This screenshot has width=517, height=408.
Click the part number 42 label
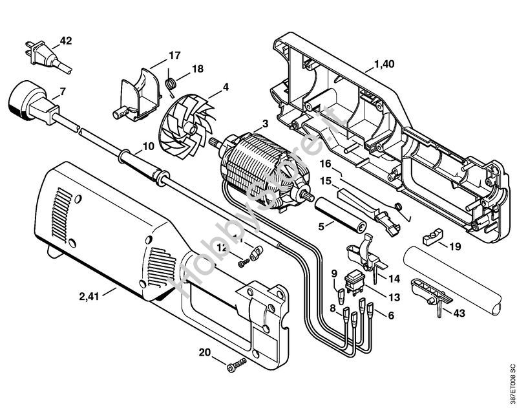[x=66, y=40]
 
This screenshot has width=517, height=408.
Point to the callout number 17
[x=174, y=55]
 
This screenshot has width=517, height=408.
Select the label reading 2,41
[x=90, y=297]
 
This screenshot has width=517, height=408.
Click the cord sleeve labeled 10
[x=138, y=160]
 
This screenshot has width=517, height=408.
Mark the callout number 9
[x=334, y=274]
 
